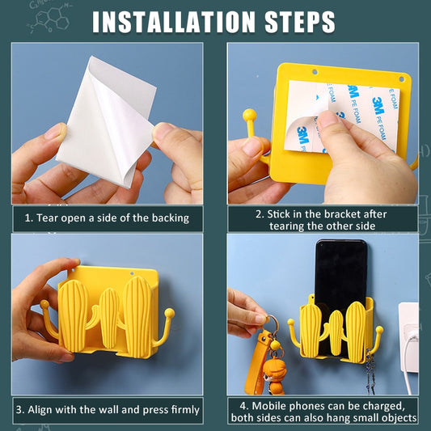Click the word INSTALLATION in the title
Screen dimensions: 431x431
click(174, 23)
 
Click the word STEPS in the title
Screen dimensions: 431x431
click(300, 23)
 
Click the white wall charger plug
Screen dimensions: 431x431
click(408, 338)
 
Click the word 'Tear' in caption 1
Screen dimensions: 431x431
click(47, 218)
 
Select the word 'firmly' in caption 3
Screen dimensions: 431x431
click(185, 410)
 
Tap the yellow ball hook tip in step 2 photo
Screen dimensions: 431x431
click(250, 114)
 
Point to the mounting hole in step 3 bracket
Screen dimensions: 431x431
click(132, 274)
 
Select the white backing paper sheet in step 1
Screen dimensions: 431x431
click(107, 121)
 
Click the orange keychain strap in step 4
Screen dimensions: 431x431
click(254, 363)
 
